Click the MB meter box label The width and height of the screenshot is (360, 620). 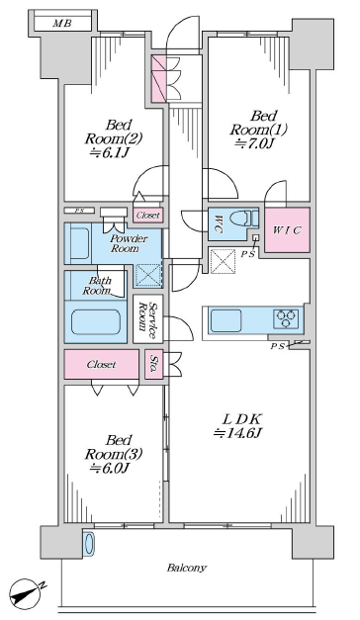point(62,24)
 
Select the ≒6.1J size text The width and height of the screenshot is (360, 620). point(110,153)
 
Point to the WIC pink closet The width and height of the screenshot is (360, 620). point(287,230)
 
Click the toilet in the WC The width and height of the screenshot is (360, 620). point(244,218)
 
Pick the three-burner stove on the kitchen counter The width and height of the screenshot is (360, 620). point(286,318)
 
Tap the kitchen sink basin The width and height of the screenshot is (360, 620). point(225,320)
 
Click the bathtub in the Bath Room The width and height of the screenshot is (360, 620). point(96,321)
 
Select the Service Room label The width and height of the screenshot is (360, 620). point(148,318)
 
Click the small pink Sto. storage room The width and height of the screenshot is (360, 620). point(154,364)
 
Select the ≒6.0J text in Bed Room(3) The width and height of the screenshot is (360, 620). point(110,469)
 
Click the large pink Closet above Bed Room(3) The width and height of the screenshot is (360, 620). point(102,364)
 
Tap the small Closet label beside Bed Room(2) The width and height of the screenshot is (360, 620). point(148,216)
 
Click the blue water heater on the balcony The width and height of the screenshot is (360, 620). point(89,545)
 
